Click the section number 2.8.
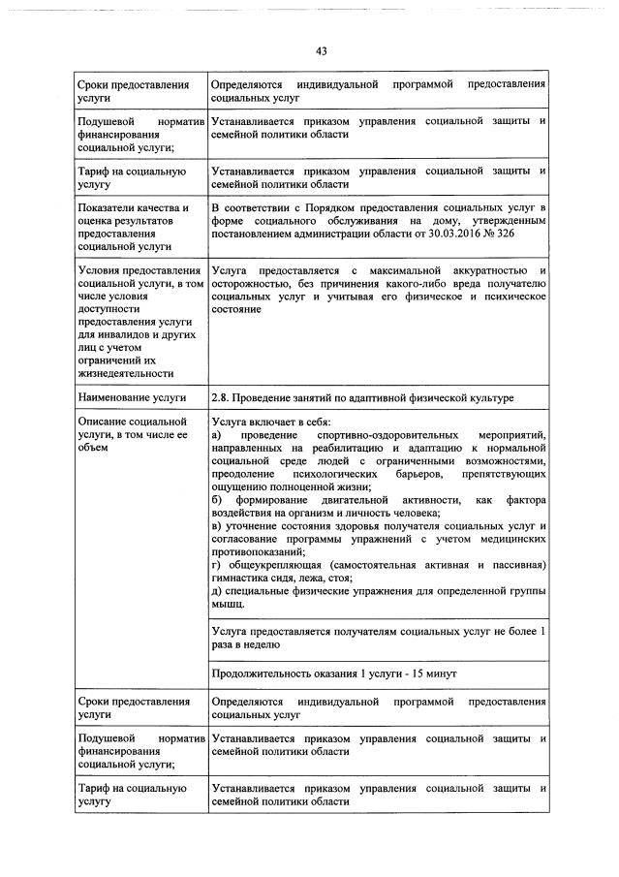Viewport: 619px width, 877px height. pos(222,398)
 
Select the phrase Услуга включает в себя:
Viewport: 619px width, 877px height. pos(270,423)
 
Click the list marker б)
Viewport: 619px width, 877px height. pos(217,498)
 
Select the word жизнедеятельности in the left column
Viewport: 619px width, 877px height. pos(125,373)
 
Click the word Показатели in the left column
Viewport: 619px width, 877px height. pos(106,208)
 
